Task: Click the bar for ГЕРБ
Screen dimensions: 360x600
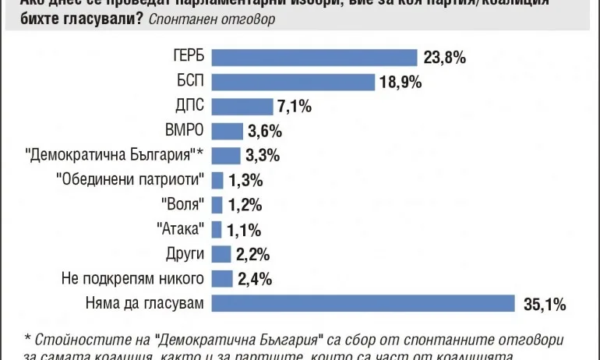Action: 315,57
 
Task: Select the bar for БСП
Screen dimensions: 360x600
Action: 295,82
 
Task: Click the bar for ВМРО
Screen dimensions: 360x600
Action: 228,131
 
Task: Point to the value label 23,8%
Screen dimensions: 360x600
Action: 445,57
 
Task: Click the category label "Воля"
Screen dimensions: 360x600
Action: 185,205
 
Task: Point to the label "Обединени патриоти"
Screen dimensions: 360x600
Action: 131,180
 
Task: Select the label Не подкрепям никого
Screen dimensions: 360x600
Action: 132,278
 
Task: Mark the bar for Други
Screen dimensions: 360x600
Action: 222,254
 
